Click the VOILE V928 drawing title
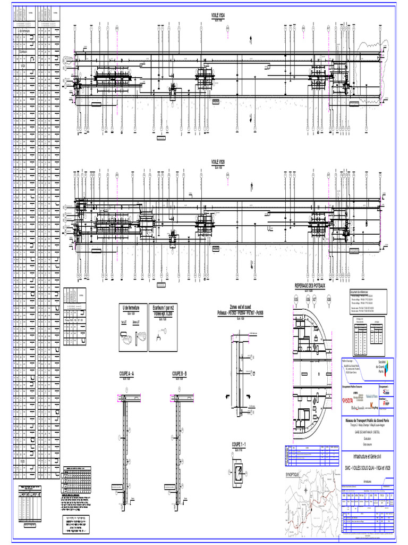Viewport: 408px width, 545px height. coord(218,162)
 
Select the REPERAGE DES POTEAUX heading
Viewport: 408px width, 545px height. coord(313,286)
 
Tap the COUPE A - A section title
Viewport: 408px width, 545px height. coord(127,374)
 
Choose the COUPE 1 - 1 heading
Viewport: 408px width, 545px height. coord(240,443)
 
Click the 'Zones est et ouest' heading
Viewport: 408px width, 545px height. coord(240,308)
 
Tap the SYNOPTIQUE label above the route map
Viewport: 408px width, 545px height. coord(293,474)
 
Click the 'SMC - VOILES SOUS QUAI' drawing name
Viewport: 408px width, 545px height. coord(367,467)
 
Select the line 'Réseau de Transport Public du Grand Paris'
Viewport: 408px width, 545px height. coord(367,420)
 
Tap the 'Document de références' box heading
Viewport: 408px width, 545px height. coord(359,293)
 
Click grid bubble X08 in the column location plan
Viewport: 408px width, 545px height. coord(329,300)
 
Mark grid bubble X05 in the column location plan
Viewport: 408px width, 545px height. coord(295,300)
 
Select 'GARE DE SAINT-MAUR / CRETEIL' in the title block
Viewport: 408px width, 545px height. coord(367,433)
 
